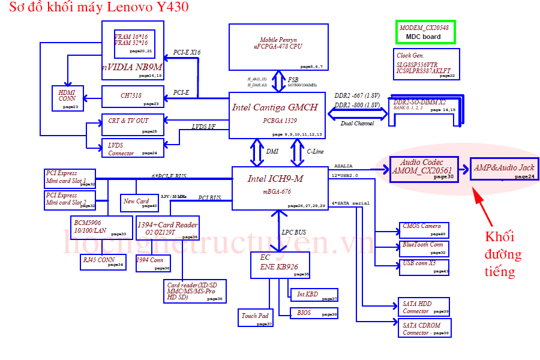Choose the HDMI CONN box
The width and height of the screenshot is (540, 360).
(68, 98)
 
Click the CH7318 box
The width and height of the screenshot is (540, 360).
(133, 96)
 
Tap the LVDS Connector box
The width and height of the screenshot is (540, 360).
(133, 148)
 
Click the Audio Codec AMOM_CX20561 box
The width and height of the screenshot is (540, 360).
(423, 168)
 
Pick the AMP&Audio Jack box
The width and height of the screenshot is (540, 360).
(503, 169)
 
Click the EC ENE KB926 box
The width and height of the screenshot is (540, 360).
(280, 265)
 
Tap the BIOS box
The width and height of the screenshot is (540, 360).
(314, 313)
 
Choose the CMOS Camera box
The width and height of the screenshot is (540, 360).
(423, 230)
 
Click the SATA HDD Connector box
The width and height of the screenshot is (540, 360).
(423, 307)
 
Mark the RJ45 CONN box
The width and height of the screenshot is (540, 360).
(103, 262)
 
